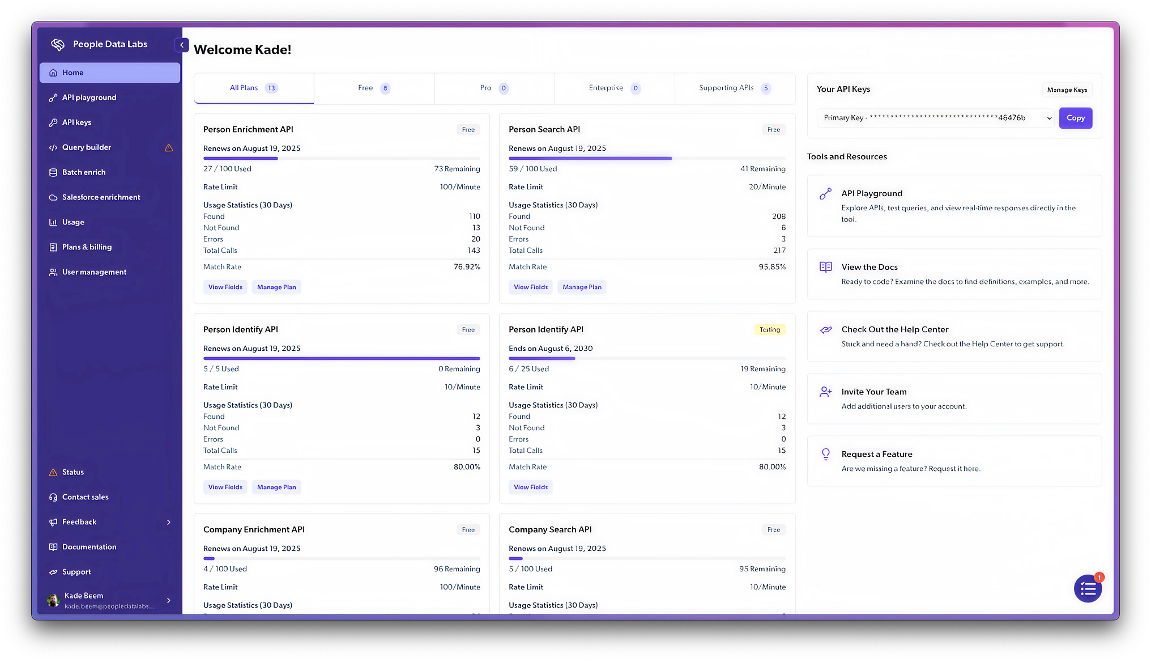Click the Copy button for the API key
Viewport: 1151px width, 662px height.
pos(1075,118)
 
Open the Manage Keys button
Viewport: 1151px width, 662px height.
pos(1067,90)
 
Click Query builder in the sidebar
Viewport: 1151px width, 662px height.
pos(87,147)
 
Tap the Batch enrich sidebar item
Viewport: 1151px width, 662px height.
pos(84,172)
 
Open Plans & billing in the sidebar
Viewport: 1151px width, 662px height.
pos(87,247)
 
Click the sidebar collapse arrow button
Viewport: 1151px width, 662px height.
pos(182,45)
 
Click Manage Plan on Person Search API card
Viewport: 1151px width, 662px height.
pos(582,287)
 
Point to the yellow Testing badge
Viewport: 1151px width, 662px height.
pos(769,330)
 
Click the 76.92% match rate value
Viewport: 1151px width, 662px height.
pos(467,267)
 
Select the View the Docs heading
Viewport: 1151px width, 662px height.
pos(869,267)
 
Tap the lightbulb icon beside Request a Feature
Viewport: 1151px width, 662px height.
pos(826,454)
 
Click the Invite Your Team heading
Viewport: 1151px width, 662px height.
pos(873,392)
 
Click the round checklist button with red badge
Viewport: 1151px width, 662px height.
pos(1088,589)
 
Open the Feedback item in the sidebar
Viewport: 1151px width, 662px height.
pos(79,522)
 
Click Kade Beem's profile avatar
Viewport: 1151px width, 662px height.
pos(53,600)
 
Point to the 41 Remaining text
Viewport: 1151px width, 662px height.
pos(762,169)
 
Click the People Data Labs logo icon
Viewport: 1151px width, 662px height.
pos(58,44)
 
